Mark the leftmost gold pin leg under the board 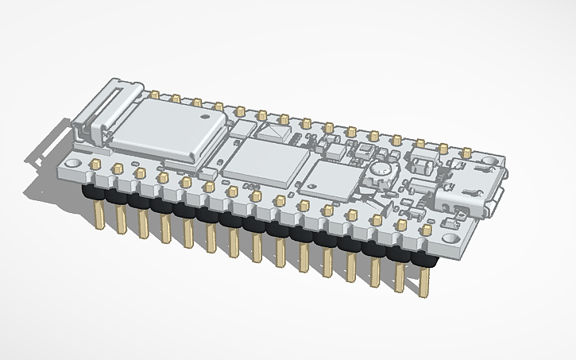coord(99,215)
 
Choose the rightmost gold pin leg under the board coord(424,283)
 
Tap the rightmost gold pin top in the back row coord(470,150)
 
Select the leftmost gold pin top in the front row coord(95,163)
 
